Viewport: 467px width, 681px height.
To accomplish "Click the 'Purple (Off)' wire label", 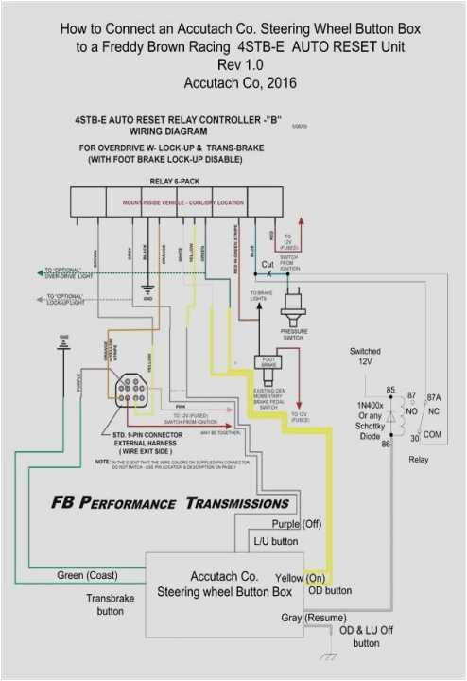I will [297, 524].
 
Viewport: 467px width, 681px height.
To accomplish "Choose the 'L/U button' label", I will [275, 542].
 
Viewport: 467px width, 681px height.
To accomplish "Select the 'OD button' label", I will [331, 590].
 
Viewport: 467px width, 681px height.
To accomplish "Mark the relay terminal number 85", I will [389, 390].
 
